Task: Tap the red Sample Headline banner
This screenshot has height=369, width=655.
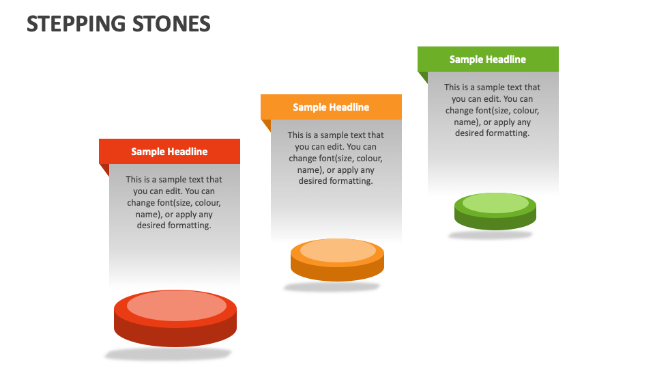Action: (x=169, y=152)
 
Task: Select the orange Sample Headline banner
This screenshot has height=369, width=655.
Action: (x=331, y=107)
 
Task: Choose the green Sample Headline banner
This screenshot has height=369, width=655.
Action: (x=488, y=59)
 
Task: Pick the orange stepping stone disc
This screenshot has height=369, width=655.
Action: (x=337, y=260)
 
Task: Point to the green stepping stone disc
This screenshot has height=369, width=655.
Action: (x=495, y=212)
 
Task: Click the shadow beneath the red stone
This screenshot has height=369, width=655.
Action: (x=168, y=354)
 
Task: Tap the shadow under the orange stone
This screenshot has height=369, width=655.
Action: (x=332, y=287)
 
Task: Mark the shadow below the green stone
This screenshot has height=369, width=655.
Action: (x=490, y=235)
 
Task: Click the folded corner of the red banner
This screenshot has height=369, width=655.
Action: (x=104, y=169)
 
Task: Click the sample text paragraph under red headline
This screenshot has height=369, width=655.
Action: (x=174, y=202)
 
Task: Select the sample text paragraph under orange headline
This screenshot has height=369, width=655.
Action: (x=336, y=158)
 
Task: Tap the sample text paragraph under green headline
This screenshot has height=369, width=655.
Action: (x=492, y=110)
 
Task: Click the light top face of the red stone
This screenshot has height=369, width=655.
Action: (x=176, y=305)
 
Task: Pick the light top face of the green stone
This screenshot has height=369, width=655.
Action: (x=495, y=203)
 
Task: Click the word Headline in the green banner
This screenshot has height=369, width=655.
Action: (x=506, y=59)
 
